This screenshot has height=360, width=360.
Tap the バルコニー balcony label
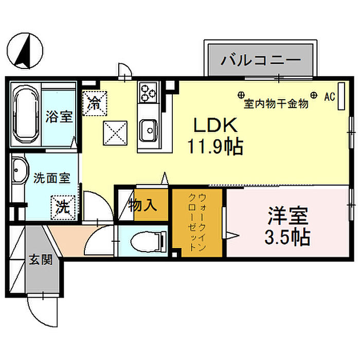pyautogui.click(x=261, y=60)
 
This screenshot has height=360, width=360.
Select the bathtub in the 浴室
pyautogui.click(x=24, y=117)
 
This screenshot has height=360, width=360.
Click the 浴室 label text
pyautogui.click(x=59, y=117)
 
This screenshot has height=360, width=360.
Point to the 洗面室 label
pyautogui.click(x=51, y=178)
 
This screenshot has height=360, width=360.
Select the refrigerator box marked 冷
pyautogui.click(x=95, y=102)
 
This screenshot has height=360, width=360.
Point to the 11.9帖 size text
pyautogui.click(x=215, y=148)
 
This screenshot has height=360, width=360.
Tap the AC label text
pyautogui.click(x=330, y=96)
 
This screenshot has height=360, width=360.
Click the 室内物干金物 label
pyautogui.click(x=276, y=104)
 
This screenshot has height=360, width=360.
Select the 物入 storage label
pyautogui.click(x=142, y=206)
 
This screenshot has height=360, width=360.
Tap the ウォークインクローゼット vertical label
pyautogui.click(x=197, y=222)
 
